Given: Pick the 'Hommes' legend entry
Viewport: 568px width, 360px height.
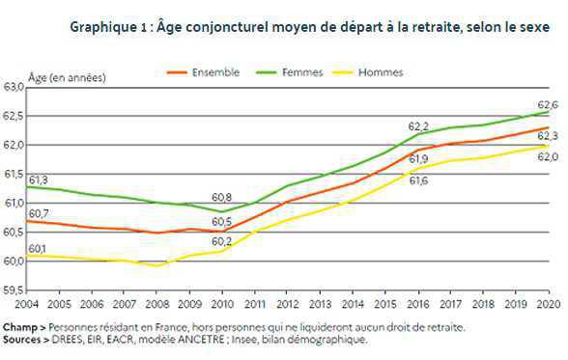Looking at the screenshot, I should (x=381, y=72).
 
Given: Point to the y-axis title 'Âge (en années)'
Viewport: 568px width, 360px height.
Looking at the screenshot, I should (x=68, y=76).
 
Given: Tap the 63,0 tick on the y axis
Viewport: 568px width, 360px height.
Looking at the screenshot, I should (x=14, y=87).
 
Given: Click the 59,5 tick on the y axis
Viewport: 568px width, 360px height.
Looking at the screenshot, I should (x=14, y=290).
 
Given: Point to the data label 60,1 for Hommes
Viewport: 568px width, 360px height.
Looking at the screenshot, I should (x=39, y=248).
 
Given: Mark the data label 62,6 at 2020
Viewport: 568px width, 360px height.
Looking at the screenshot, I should (x=548, y=104).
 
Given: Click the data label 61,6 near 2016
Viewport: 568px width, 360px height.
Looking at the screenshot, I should (x=418, y=180).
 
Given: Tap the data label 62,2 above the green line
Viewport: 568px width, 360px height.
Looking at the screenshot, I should (x=418, y=126).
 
